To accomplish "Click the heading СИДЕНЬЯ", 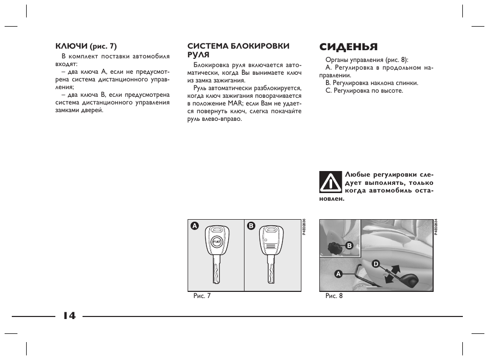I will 348,47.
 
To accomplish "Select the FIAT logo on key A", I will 216,241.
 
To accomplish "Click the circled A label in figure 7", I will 194,226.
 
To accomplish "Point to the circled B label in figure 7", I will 251,226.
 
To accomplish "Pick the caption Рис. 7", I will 201,296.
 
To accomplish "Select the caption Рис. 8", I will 334,296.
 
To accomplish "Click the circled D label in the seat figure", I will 375,264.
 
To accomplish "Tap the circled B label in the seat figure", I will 350,246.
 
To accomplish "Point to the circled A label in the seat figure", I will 338,273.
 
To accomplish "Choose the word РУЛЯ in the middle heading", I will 198,54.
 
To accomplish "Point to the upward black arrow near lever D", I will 396,268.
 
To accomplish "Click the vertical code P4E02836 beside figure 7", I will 304,226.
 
